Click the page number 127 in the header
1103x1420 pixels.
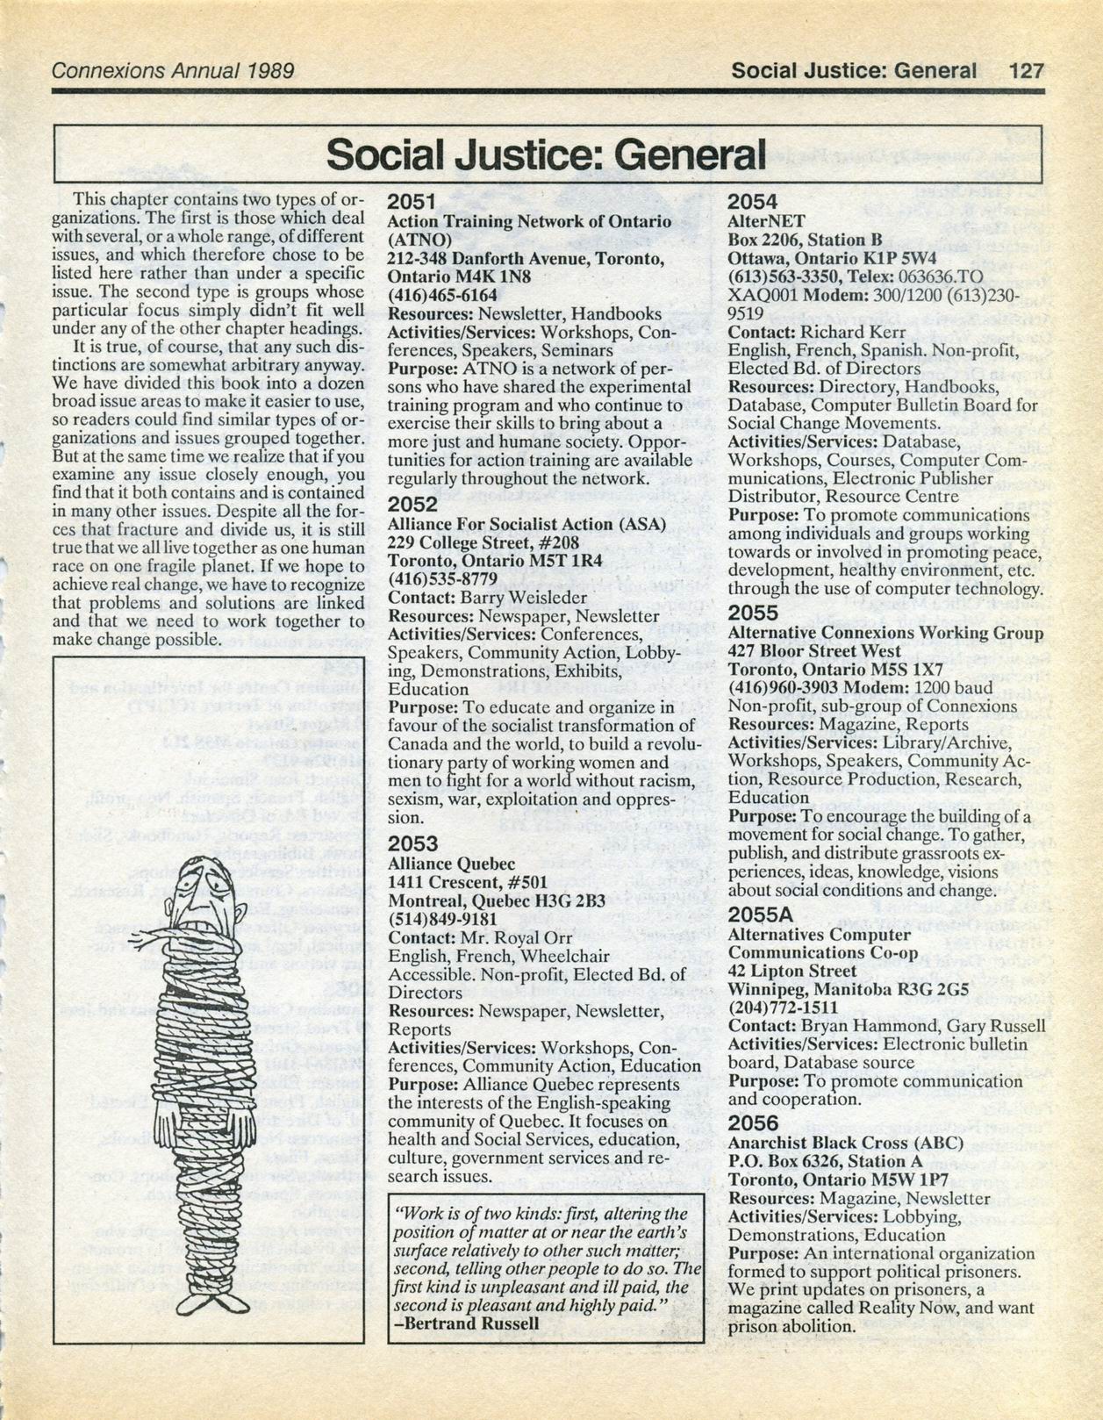click(1026, 69)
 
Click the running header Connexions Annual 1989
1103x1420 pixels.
click(173, 70)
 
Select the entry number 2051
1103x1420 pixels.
click(412, 203)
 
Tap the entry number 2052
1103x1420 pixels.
click(412, 504)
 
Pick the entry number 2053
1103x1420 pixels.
click(412, 843)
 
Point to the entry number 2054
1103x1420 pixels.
click(752, 203)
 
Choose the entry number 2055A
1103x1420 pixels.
click(762, 914)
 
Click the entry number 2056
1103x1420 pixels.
click(753, 1123)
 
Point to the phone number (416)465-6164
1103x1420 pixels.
click(442, 295)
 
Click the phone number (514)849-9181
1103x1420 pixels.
click(442, 919)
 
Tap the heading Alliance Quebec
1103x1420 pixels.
click(451, 864)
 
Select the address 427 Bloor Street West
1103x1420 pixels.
click(814, 651)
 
